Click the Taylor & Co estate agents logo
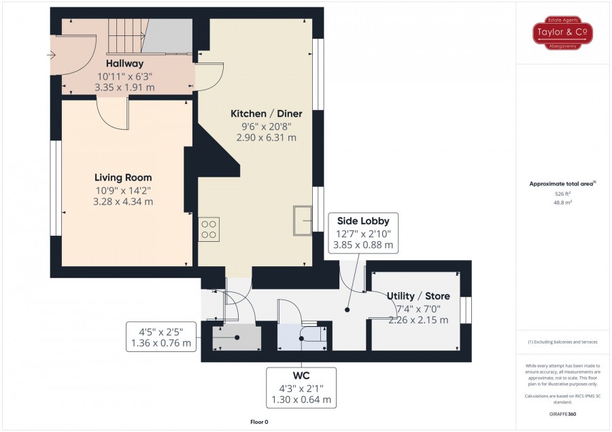[x=562, y=33]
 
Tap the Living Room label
[x=123, y=178]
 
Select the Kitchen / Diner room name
[x=266, y=114]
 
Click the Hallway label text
[x=124, y=63]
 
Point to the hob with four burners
[x=209, y=230]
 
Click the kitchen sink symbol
[x=303, y=221]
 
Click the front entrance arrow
[x=51, y=55]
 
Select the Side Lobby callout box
[x=363, y=233]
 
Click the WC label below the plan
[x=301, y=376]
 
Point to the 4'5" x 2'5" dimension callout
[x=160, y=337]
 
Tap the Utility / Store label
[x=418, y=296]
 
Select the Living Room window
[x=56, y=188]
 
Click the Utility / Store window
[x=466, y=310]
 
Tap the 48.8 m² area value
[x=562, y=202]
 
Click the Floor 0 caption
[x=259, y=422]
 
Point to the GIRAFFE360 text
[x=562, y=414]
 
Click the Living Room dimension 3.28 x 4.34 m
[x=123, y=202]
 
